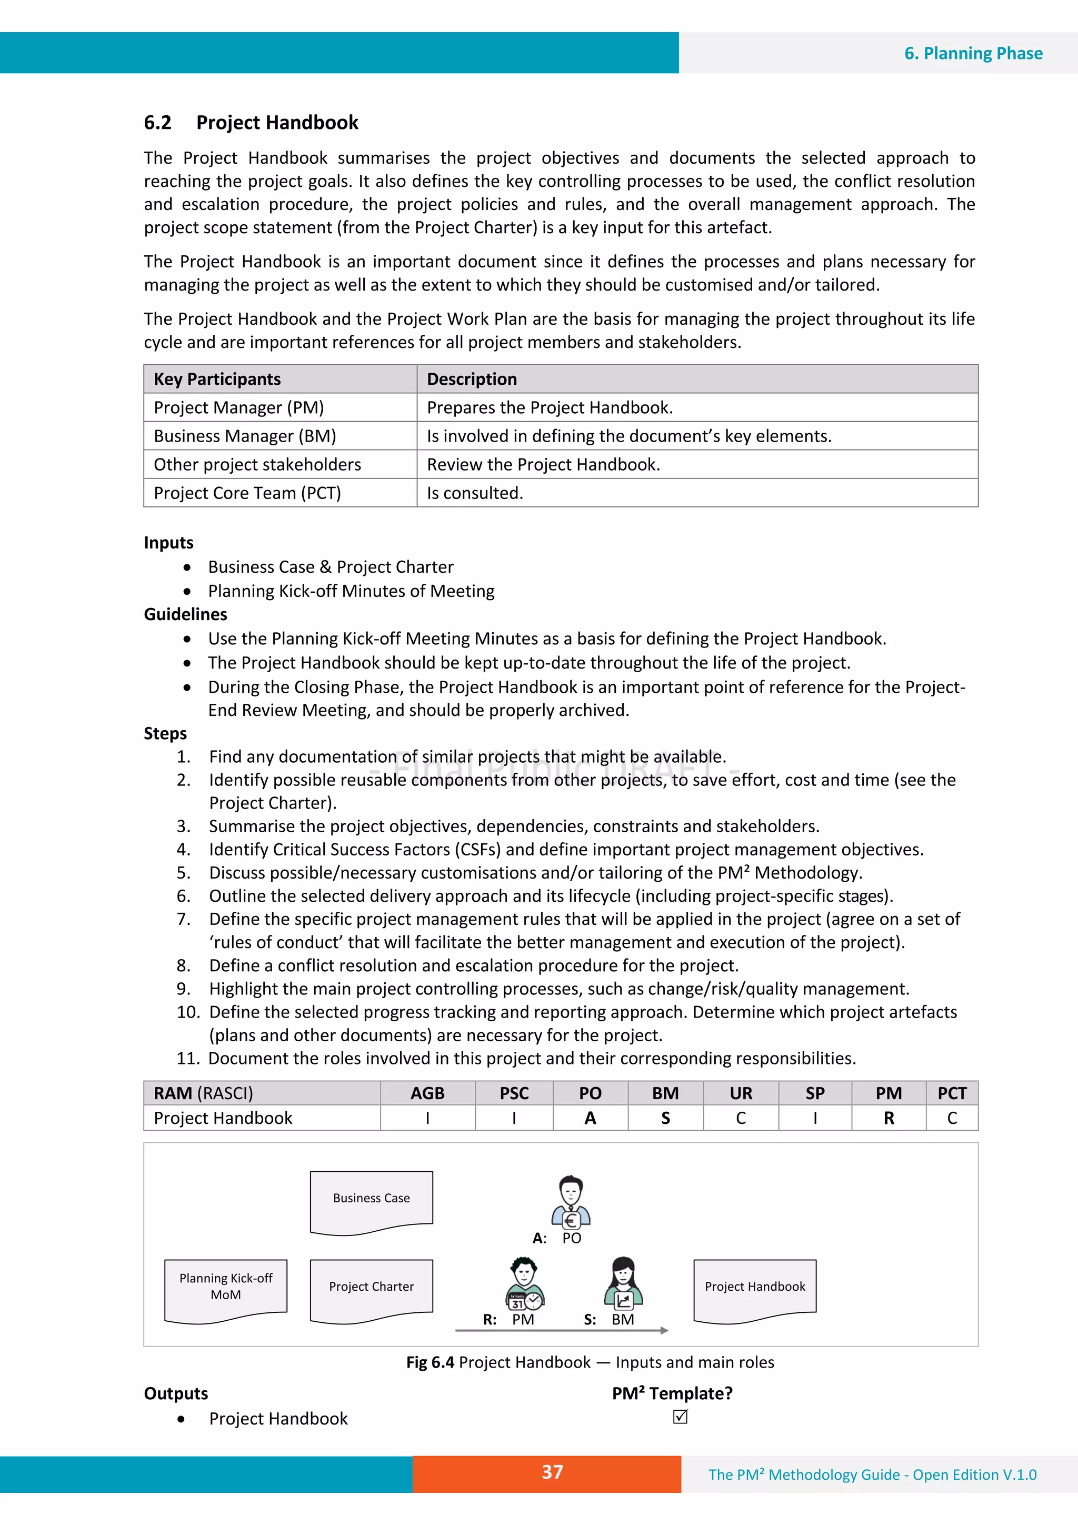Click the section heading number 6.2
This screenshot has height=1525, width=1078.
157,123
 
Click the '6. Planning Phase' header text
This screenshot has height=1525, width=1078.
973,53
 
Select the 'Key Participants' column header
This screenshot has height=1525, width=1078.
217,379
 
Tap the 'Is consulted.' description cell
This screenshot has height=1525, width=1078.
475,493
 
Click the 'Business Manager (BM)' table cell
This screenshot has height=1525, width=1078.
245,436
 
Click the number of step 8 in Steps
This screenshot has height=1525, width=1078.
183,966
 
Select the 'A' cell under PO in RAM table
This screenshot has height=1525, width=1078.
590,1119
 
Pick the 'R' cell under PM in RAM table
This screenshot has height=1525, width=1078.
888,1119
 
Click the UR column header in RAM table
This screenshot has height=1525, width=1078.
741,1093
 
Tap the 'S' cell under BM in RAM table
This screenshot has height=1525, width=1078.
665,1119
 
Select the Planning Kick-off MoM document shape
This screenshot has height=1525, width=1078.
226,1289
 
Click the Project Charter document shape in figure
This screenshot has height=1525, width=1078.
371,1289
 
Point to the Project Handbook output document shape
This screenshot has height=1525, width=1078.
754,1289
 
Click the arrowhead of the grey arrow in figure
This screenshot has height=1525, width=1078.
664,1330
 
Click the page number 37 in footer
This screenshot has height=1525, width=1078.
552,1472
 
